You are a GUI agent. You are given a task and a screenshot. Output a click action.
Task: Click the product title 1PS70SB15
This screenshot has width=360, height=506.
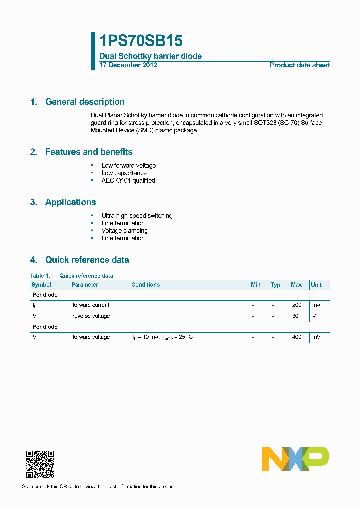[x=141, y=41]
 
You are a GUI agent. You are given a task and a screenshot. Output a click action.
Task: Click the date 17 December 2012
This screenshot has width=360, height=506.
[x=128, y=65]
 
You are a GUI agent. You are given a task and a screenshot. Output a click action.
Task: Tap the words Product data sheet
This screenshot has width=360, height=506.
[x=299, y=65]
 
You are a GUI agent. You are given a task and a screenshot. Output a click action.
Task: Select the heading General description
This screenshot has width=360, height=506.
[x=85, y=102]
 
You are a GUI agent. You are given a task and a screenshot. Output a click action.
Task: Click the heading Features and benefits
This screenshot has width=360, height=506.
[x=89, y=152]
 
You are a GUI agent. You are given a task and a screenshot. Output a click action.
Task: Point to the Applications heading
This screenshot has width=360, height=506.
[x=70, y=202]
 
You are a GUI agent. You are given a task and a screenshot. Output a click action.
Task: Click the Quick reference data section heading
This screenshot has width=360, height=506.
[x=87, y=260]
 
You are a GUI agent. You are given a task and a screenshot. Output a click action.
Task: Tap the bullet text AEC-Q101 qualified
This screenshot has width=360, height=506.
[x=128, y=181]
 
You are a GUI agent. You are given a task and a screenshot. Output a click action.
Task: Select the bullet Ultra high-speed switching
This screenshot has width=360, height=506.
[x=137, y=216]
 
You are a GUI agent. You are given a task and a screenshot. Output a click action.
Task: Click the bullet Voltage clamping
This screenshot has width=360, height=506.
[x=124, y=231]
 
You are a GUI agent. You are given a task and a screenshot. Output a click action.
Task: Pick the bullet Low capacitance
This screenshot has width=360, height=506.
[x=124, y=173]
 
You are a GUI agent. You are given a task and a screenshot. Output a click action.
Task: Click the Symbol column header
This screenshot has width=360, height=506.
[x=41, y=285]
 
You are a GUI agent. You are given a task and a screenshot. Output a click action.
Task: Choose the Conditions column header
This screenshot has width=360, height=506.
[x=145, y=285]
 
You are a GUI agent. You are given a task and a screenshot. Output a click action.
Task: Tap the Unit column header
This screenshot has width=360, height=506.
[x=316, y=285]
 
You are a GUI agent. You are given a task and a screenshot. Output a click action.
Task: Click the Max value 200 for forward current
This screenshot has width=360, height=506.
[x=297, y=305]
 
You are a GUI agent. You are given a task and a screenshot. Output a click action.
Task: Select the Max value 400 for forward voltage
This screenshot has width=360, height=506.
[x=297, y=337]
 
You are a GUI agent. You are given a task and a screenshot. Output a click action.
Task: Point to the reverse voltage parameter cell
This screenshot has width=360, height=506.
[x=91, y=316]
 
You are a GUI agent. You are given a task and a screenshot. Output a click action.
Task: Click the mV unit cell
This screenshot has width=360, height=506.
[x=316, y=337]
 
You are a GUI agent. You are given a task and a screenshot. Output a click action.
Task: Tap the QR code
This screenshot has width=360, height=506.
[x=40, y=464]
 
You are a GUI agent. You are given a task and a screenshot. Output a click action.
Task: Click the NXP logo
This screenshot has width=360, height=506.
[x=295, y=459]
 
